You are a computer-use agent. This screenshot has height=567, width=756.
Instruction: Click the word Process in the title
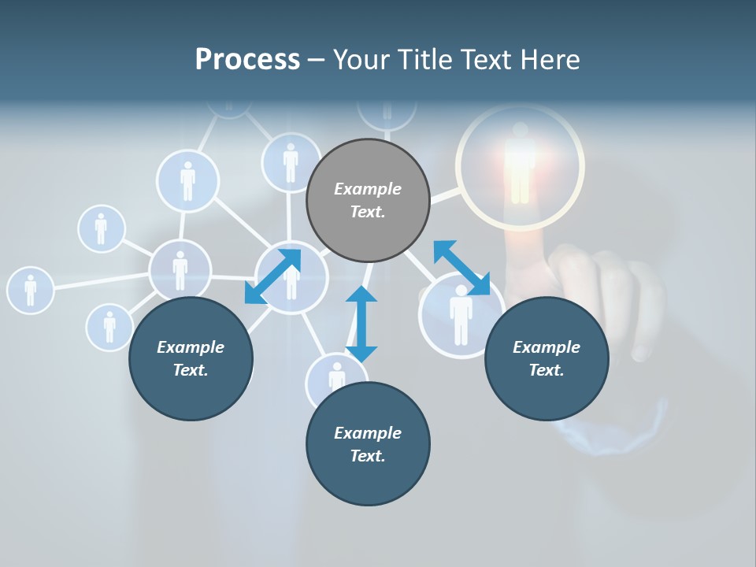tap(247, 59)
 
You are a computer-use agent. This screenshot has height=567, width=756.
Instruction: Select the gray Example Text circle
tap(368, 200)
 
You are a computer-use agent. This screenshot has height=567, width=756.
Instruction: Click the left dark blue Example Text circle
tap(191, 358)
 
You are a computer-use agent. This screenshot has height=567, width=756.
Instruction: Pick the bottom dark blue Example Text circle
tap(368, 444)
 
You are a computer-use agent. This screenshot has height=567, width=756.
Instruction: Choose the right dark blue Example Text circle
tap(547, 358)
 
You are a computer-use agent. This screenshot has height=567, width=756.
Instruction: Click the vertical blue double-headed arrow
tap(361, 324)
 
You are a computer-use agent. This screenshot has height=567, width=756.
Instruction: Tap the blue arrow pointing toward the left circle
tap(272, 276)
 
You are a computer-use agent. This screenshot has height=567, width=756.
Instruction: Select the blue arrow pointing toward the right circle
tap(462, 268)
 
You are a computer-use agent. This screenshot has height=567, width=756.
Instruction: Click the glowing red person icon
tap(521, 161)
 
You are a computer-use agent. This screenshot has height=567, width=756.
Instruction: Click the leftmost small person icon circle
tap(30, 289)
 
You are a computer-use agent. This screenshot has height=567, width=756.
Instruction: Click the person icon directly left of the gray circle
tap(291, 162)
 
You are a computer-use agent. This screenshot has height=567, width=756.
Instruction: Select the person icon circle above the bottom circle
tap(336, 376)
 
